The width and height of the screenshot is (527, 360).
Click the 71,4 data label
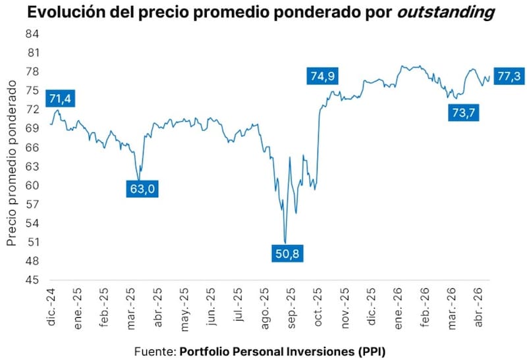(x=60, y=99)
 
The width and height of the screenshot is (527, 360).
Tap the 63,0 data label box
(x=142, y=189)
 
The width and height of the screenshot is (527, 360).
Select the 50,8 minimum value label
(x=287, y=253)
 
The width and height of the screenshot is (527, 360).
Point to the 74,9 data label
(x=322, y=76)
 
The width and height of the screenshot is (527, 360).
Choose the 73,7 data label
(x=464, y=112)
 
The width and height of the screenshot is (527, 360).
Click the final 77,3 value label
(x=509, y=76)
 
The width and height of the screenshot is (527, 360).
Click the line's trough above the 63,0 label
(x=138, y=180)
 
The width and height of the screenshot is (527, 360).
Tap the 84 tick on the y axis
(x=32, y=34)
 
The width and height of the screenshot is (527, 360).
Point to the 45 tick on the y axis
(x=32, y=280)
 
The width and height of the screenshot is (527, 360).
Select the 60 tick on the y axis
(x=32, y=185)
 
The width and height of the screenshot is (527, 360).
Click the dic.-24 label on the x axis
(x=51, y=307)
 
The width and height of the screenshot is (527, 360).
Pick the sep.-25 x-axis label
(x=291, y=307)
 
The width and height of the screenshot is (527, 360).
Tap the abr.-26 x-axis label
(x=478, y=307)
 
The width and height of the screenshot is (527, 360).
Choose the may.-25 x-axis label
(x=184, y=309)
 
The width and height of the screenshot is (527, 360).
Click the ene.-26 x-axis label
(x=398, y=308)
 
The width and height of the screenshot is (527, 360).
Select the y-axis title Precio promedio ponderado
(x=11, y=163)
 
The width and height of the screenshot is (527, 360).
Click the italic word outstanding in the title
(x=446, y=12)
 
